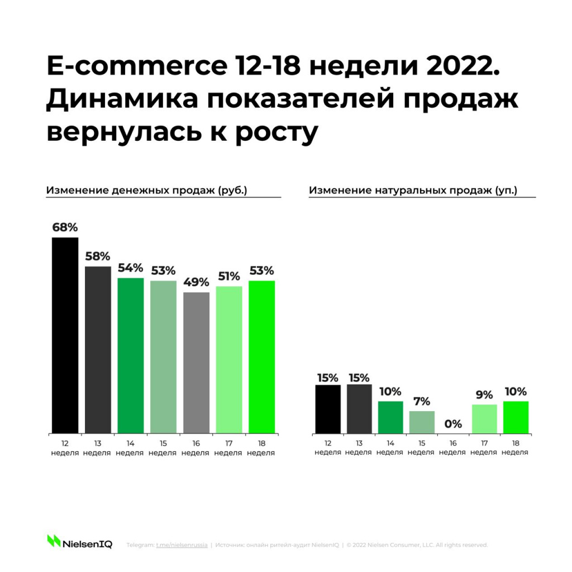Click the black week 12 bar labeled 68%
65,335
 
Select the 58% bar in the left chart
98,350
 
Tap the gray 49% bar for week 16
196,363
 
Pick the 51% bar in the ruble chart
229,360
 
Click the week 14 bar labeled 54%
130,355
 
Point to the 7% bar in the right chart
422,422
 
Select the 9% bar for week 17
484,419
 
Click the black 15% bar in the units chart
328,409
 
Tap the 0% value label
453,423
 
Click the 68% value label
65,228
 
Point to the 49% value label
196,282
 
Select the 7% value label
422,402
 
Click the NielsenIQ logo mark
54,541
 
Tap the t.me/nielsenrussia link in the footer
182,545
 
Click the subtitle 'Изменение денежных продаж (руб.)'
146,190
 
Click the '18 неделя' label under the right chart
515,448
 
